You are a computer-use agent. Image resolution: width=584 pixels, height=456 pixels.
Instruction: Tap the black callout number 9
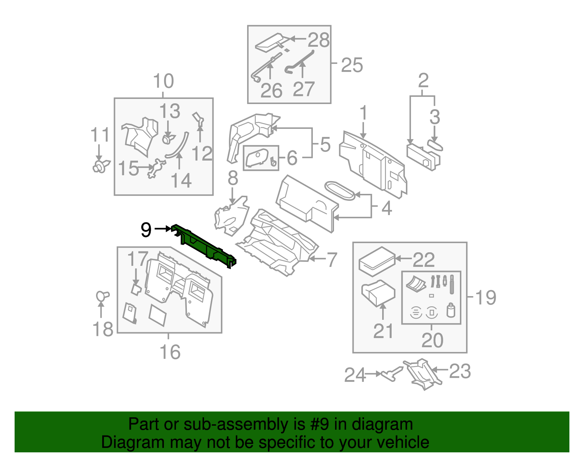(x=146, y=230)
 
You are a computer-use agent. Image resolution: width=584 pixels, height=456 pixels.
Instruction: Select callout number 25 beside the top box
(x=351, y=65)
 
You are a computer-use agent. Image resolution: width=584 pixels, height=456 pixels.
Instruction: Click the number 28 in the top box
(x=318, y=40)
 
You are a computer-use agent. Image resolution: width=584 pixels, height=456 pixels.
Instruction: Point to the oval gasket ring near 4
(x=339, y=191)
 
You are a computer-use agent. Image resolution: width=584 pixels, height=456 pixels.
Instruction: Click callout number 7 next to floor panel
(x=331, y=260)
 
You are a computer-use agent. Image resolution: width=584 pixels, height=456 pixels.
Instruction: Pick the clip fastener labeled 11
(x=100, y=166)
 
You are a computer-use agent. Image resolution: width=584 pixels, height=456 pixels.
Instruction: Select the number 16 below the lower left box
(x=170, y=352)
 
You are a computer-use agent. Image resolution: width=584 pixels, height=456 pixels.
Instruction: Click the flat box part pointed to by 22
(x=377, y=261)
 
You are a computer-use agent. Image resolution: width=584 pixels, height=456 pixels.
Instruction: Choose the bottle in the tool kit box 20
(x=451, y=311)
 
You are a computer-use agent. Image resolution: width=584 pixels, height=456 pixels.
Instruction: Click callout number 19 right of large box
(x=486, y=297)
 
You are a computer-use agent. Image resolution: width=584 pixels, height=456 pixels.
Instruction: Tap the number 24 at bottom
(x=355, y=375)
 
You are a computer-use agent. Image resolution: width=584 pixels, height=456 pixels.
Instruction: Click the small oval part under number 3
(x=435, y=145)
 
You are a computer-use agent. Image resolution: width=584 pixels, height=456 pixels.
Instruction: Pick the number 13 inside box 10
(x=170, y=111)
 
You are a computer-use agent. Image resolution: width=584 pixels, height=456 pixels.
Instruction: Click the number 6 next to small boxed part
(x=292, y=158)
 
